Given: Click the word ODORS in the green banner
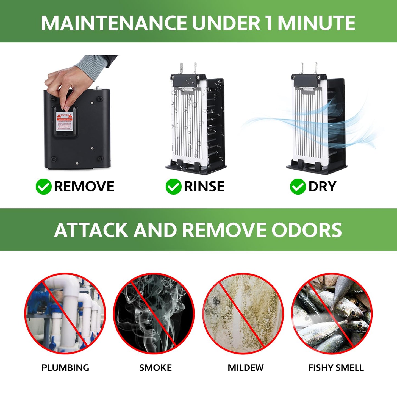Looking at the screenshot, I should (307, 230).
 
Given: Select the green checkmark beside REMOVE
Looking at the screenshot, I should (43, 187).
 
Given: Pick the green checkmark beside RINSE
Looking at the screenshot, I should (173, 187).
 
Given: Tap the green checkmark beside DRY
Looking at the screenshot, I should (298, 187).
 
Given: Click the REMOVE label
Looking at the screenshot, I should (84, 187).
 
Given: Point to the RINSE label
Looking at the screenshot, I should (204, 187).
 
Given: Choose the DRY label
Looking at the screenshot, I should (322, 187).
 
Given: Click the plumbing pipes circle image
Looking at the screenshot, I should (65, 313).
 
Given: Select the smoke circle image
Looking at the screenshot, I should (154, 313).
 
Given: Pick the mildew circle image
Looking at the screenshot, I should (243, 313).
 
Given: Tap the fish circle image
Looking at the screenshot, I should (332, 313).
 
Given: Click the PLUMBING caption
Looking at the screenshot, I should (65, 368).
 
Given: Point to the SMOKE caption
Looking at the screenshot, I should (155, 368).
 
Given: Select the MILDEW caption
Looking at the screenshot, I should (245, 368).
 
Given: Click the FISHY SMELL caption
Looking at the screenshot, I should (336, 368).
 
